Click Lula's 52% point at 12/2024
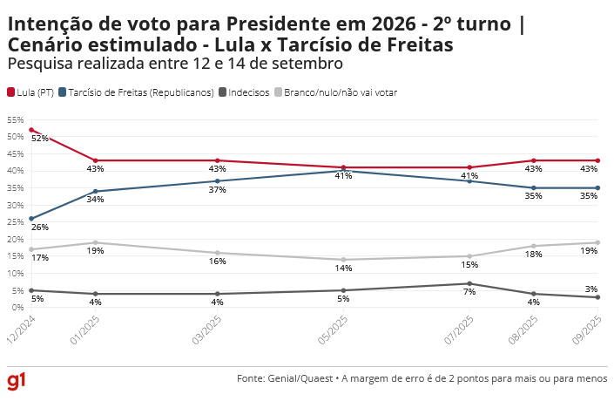click(31, 130)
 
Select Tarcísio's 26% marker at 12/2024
click(31, 219)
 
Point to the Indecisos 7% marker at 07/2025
click(469, 283)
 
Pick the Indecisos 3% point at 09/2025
click(597, 297)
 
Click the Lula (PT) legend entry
click(30, 92)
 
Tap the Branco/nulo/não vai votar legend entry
click(335, 92)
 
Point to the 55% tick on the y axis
click(15, 120)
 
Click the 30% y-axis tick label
click(15, 206)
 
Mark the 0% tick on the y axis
click(17, 308)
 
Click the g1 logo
click(17, 381)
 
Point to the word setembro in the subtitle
click(311, 64)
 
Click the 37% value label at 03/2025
click(218, 190)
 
